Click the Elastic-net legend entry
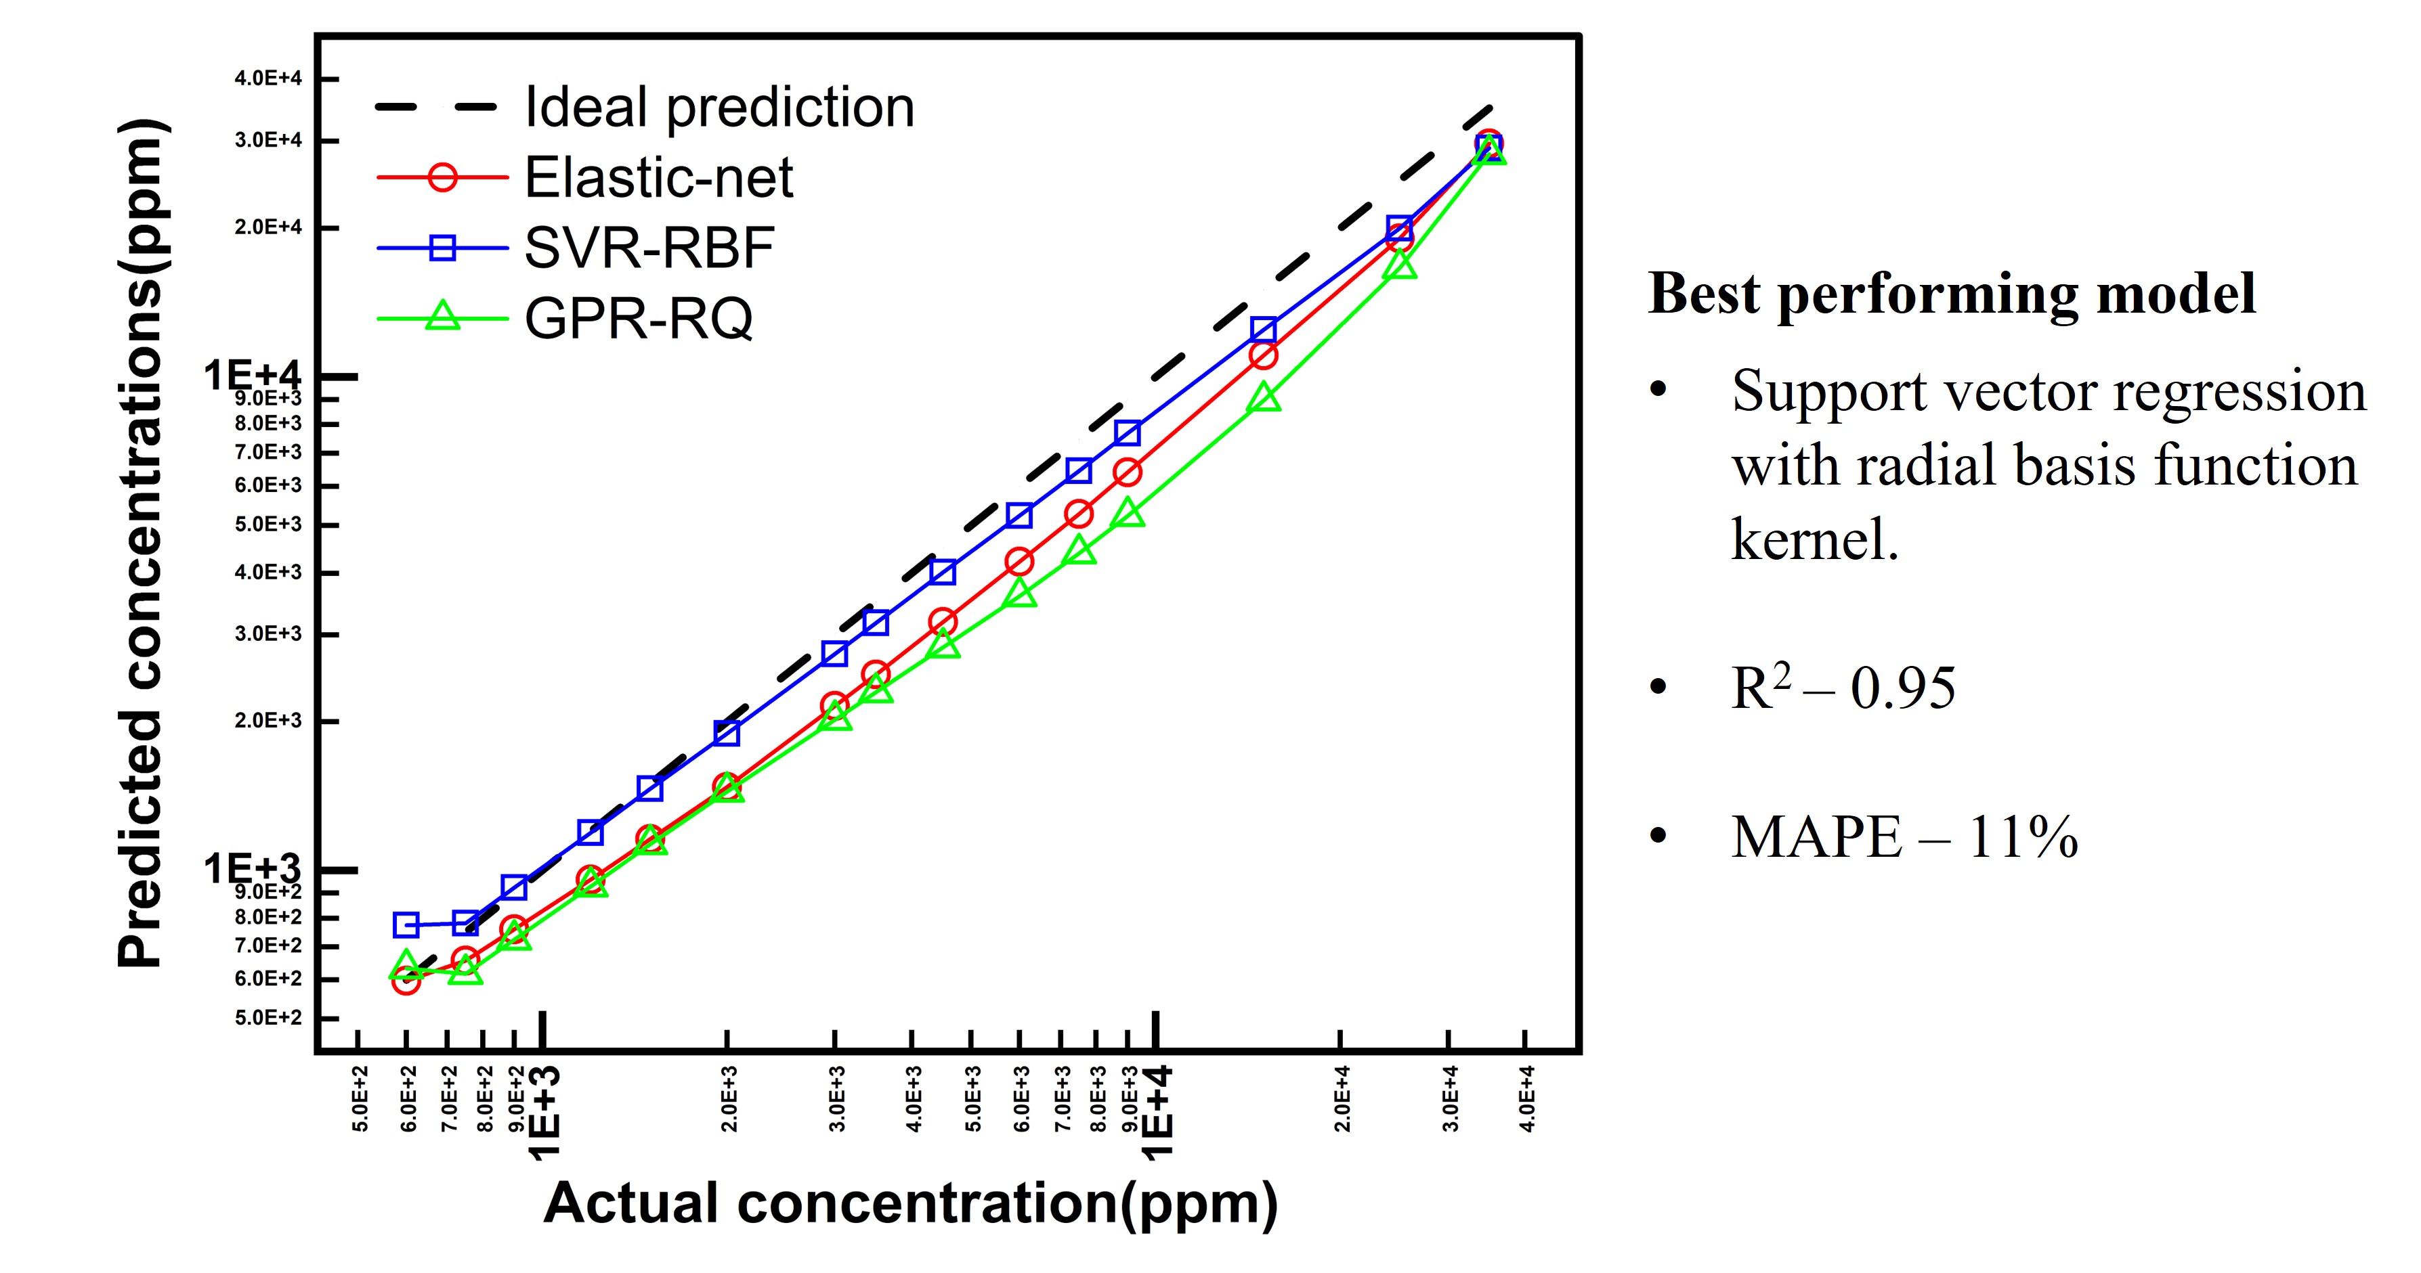coord(658,177)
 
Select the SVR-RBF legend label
coord(649,248)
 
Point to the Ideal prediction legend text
coord(719,107)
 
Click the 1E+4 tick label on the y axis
coord(252,376)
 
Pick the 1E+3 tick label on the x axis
coord(545,1113)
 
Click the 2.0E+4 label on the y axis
coord(268,227)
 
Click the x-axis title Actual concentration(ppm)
coord(909,1203)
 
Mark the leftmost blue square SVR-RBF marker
coord(406,925)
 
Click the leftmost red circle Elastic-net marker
coord(406,982)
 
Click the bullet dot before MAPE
coord(1658,835)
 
